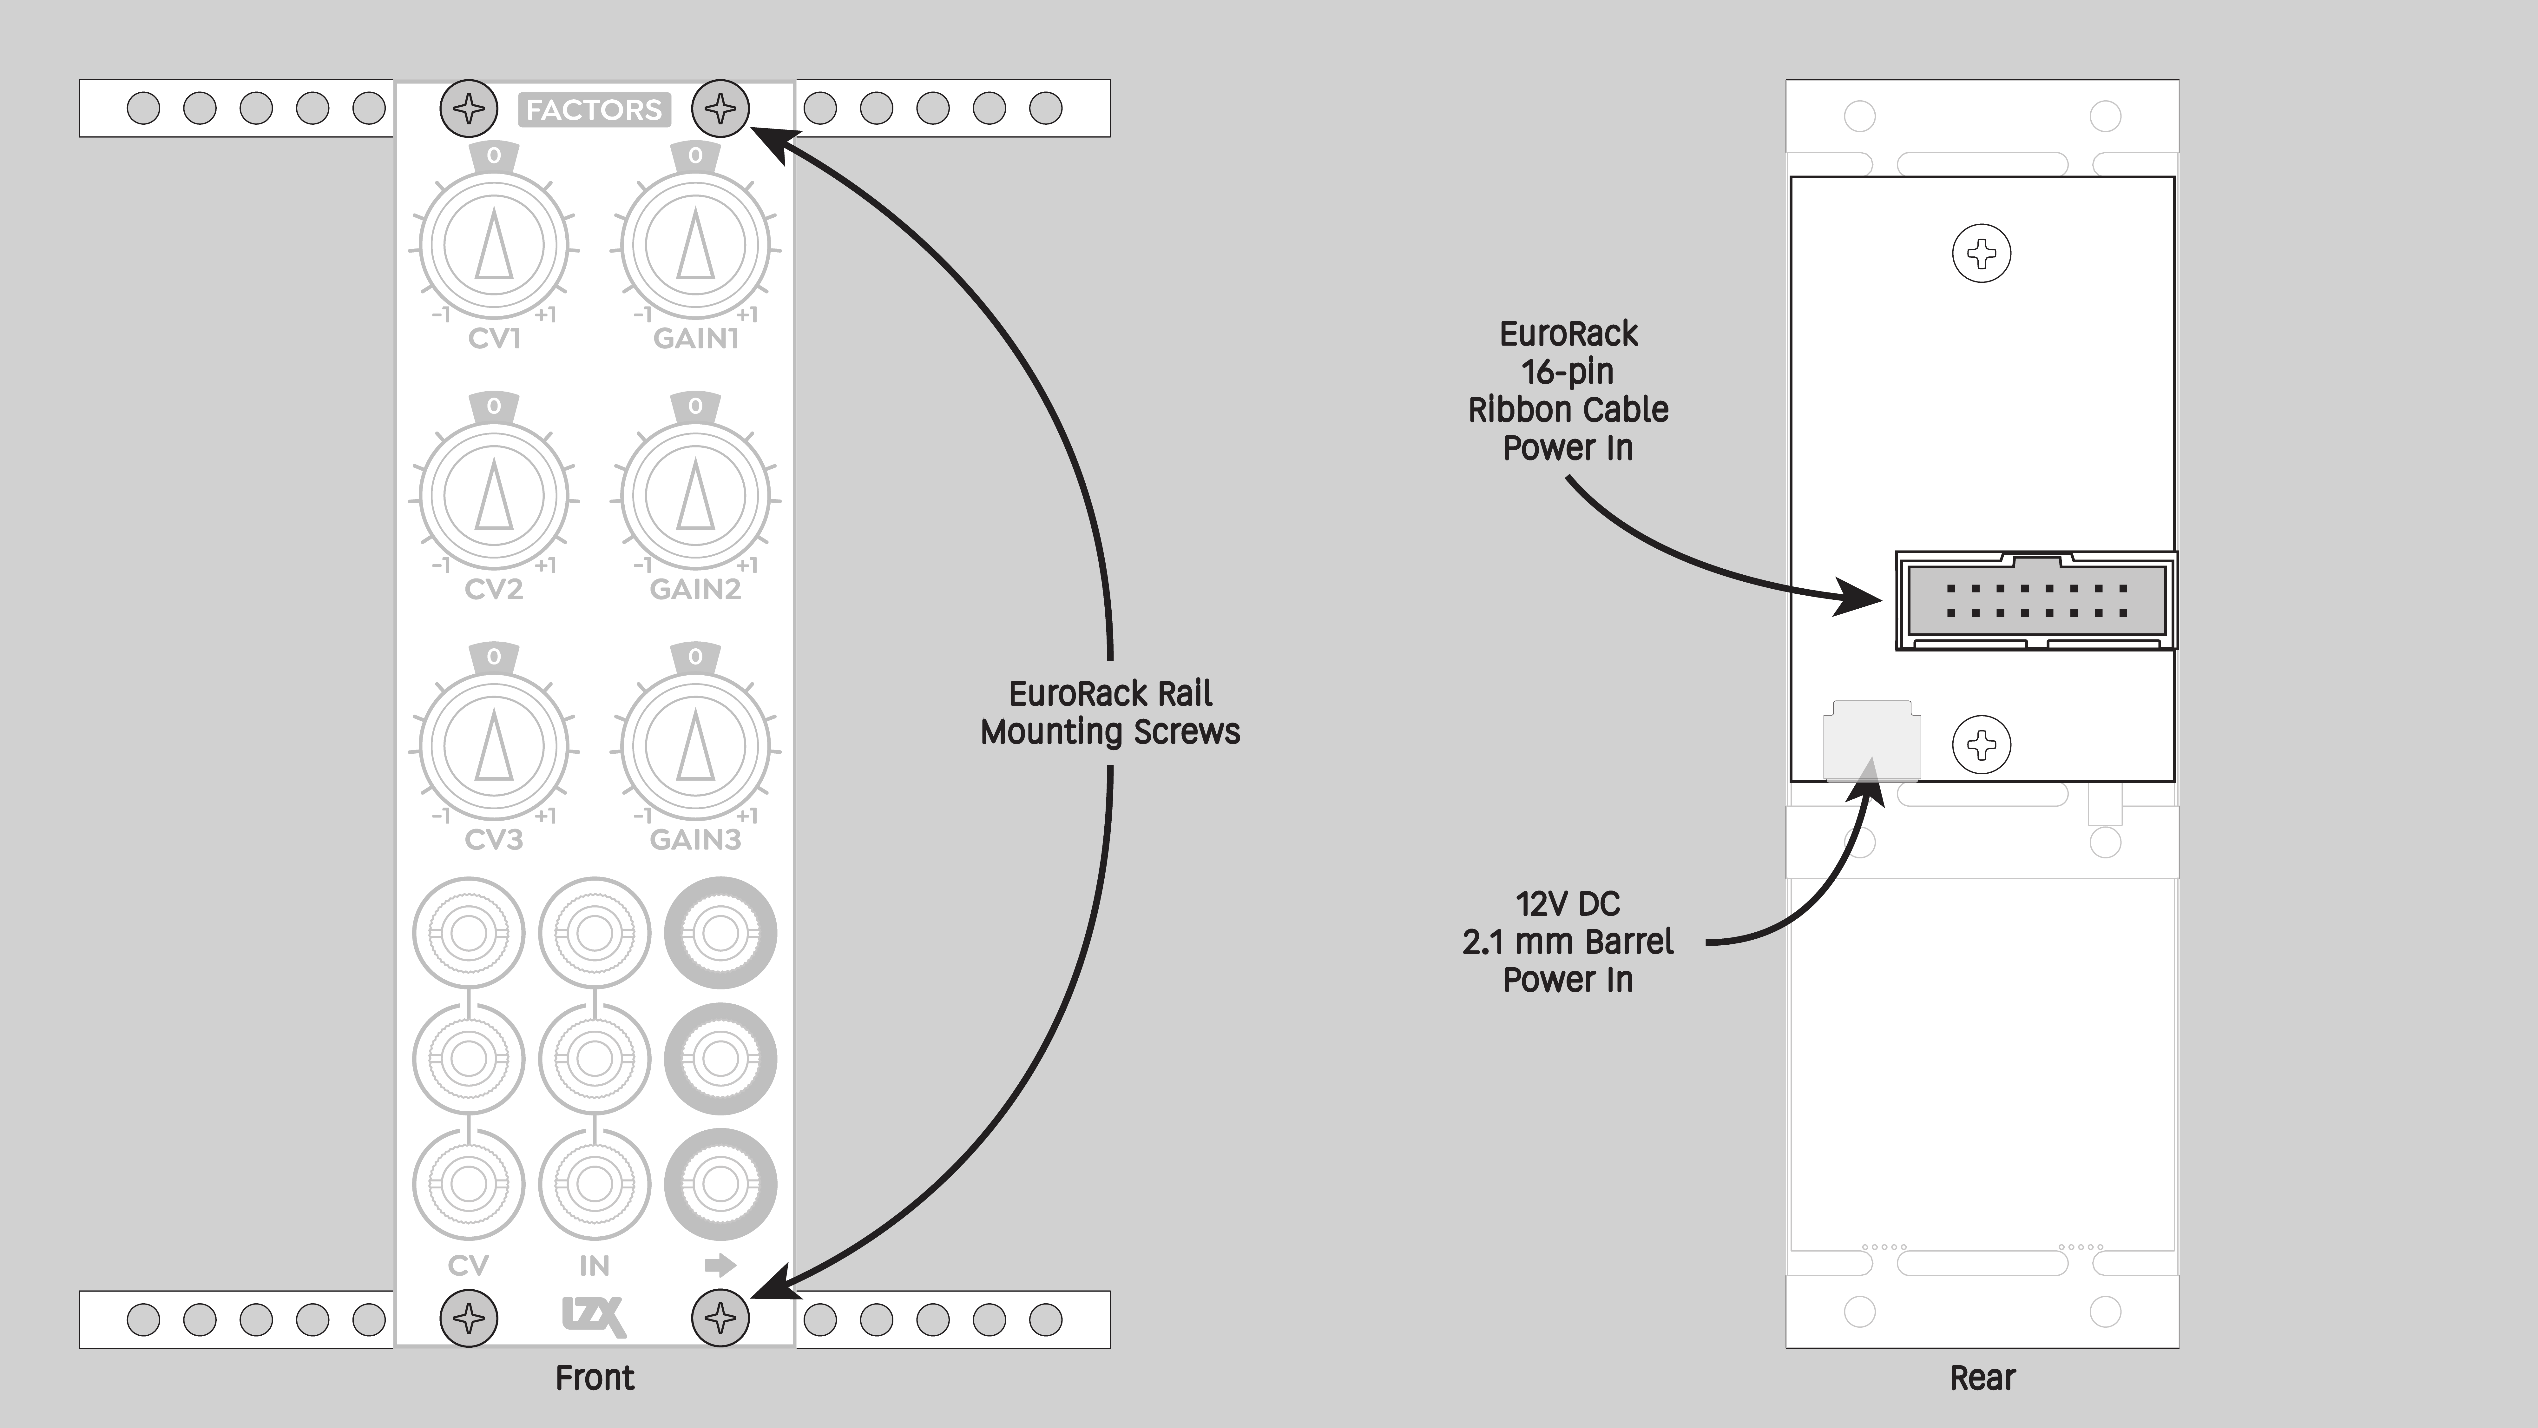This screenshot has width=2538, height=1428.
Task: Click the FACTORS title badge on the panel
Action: click(x=594, y=109)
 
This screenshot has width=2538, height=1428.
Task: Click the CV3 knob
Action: click(x=494, y=746)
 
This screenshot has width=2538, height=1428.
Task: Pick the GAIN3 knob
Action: click(x=696, y=746)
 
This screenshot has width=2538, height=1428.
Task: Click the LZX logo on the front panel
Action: click(x=594, y=1317)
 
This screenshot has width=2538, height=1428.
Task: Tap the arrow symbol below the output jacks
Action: click(x=720, y=1264)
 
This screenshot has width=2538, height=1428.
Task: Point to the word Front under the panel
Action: click(x=594, y=1378)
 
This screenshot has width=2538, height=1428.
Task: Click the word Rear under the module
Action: click(x=1982, y=1378)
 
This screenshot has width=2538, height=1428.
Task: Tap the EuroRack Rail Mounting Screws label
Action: click(x=1110, y=712)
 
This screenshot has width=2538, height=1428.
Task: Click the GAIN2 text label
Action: click(x=696, y=589)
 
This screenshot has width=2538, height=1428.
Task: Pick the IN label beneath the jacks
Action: click(x=594, y=1266)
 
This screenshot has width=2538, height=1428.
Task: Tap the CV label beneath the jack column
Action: click(x=468, y=1266)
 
